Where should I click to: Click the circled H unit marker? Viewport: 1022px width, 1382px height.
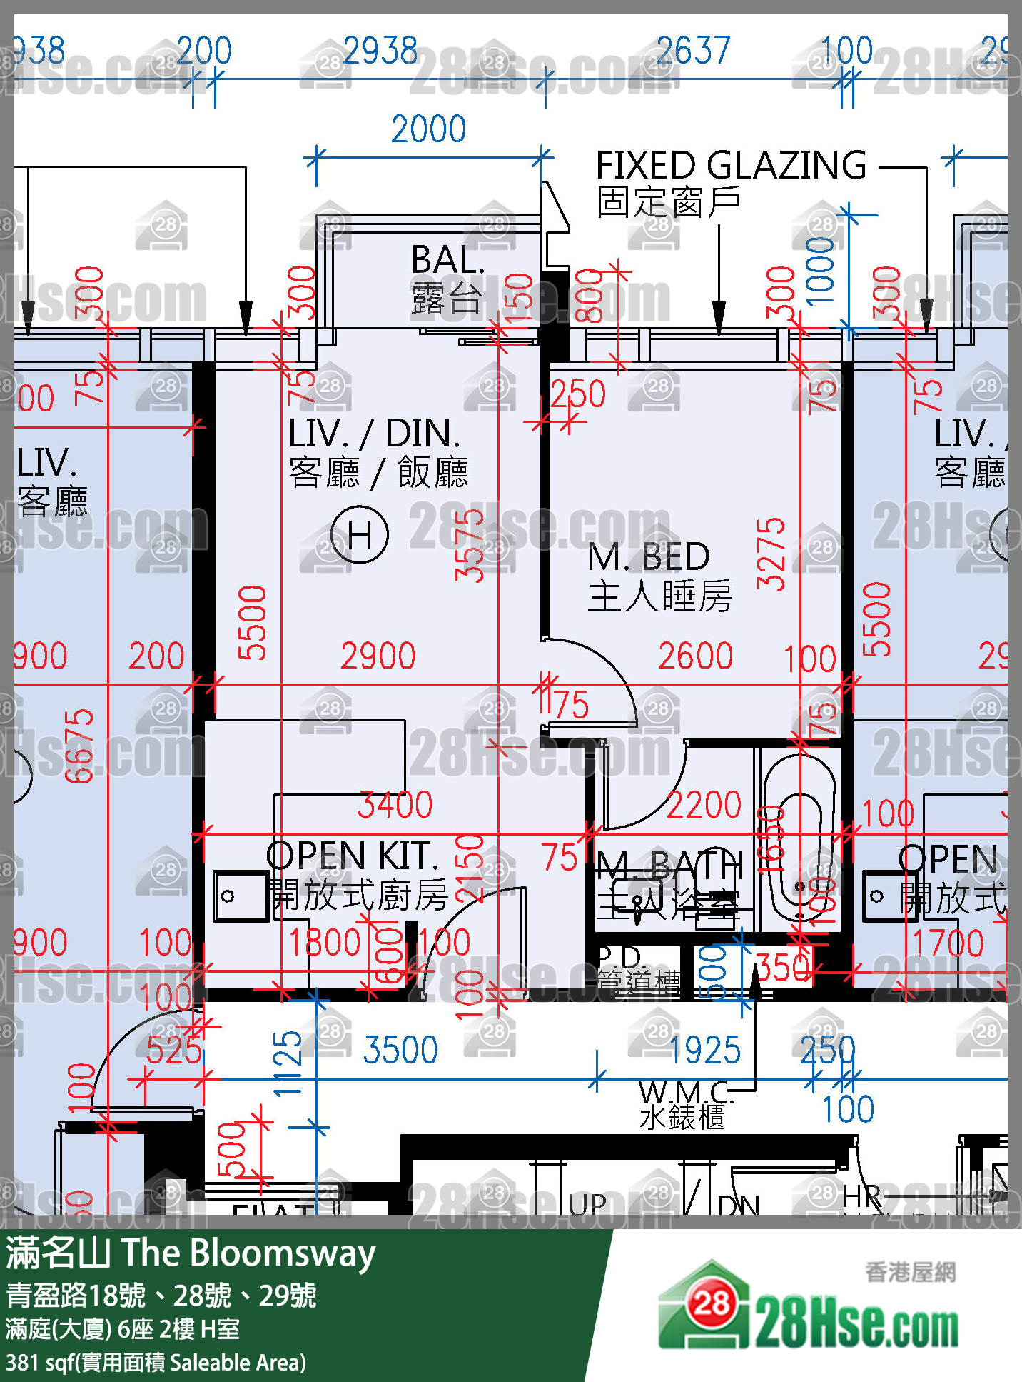360,534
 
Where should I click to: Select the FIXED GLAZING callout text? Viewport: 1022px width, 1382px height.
731,166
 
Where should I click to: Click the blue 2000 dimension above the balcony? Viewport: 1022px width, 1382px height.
428,129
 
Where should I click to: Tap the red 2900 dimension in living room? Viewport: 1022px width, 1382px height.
378,656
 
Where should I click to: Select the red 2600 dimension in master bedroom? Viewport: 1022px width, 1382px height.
695,656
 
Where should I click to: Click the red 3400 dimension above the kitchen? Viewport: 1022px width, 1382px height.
395,805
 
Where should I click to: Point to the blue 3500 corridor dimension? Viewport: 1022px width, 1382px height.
400,1050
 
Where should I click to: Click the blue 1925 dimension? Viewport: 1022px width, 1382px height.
705,1050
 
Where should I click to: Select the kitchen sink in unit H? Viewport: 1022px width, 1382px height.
240,896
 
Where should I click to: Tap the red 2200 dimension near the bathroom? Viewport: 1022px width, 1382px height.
704,805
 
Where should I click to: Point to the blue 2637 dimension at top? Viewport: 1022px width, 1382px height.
693,51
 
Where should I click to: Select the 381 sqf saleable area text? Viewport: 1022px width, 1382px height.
156,1363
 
